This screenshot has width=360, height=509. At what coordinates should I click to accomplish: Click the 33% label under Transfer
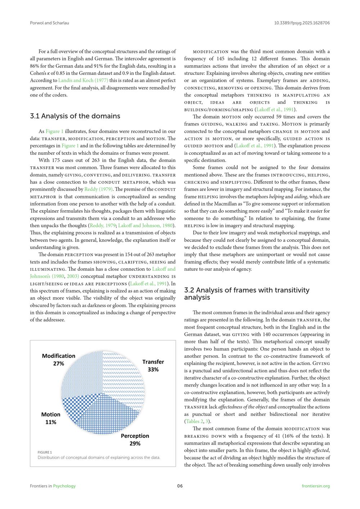point(153,369)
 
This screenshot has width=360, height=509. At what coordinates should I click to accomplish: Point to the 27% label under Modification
point(59,364)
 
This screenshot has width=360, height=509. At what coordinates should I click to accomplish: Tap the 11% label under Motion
point(51,422)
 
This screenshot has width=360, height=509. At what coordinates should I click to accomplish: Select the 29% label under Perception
point(135,443)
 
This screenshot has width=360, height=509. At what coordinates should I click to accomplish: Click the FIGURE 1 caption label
point(45,452)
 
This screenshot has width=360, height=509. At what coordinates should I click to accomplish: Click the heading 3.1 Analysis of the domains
point(75,116)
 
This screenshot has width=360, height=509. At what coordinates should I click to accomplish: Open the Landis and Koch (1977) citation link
point(83,80)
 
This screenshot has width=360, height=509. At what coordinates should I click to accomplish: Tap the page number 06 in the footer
point(180,486)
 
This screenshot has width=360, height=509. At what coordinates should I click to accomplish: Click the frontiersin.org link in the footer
point(316,486)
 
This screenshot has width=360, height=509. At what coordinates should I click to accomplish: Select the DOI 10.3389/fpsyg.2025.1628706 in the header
point(302,23)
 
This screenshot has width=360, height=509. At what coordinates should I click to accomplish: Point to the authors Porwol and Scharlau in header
point(49,23)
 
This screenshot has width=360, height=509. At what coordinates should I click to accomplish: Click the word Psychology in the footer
point(64,486)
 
